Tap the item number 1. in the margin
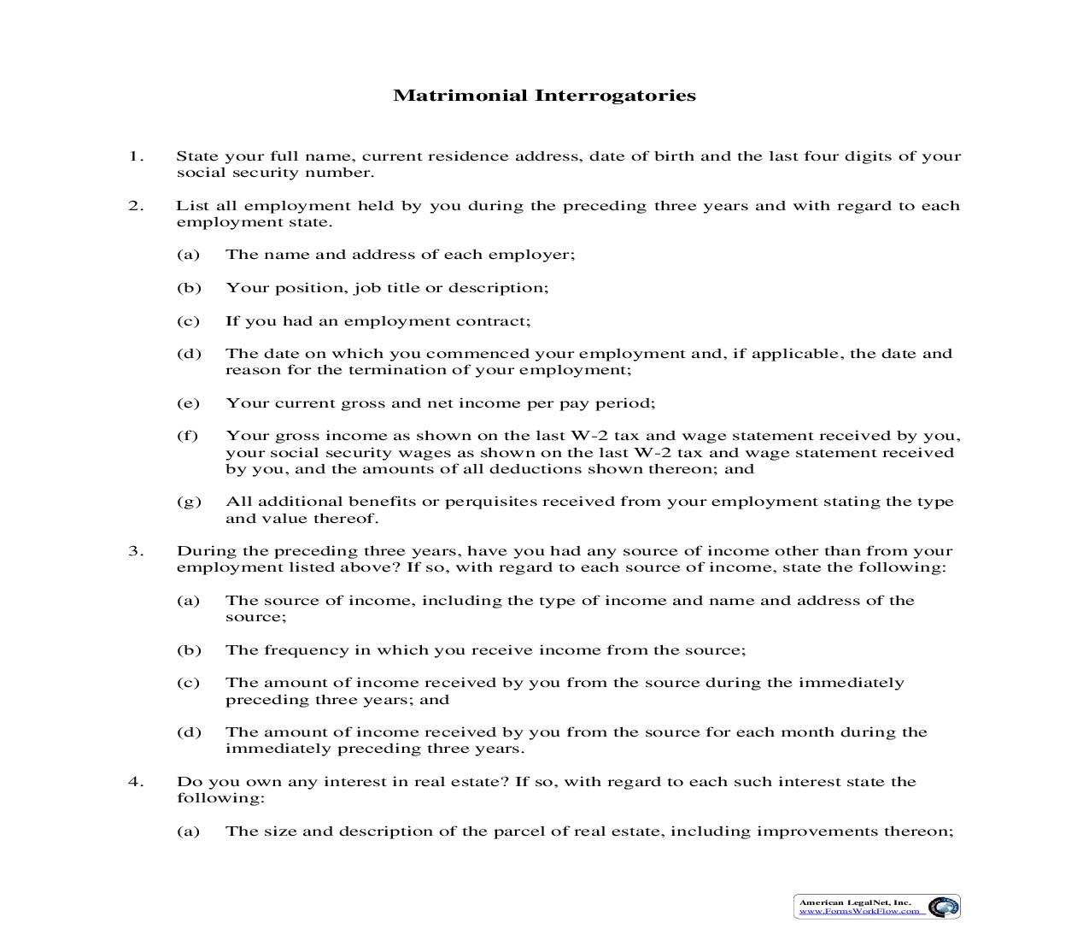(136, 156)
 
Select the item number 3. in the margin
(136, 551)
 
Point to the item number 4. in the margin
(136, 782)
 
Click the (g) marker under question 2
(189, 502)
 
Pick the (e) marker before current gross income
(188, 403)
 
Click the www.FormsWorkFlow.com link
(859, 911)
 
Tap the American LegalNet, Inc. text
(855, 902)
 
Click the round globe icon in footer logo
(943, 907)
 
